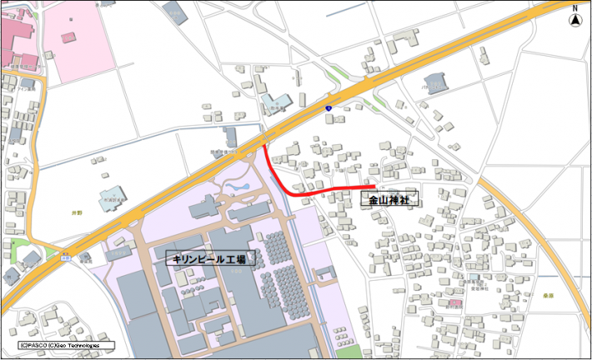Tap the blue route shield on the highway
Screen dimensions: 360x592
point(329,108)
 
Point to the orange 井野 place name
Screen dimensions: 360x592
point(78,214)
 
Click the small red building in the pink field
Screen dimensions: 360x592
point(68,37)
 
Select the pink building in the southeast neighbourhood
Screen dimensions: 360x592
point(454,302)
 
